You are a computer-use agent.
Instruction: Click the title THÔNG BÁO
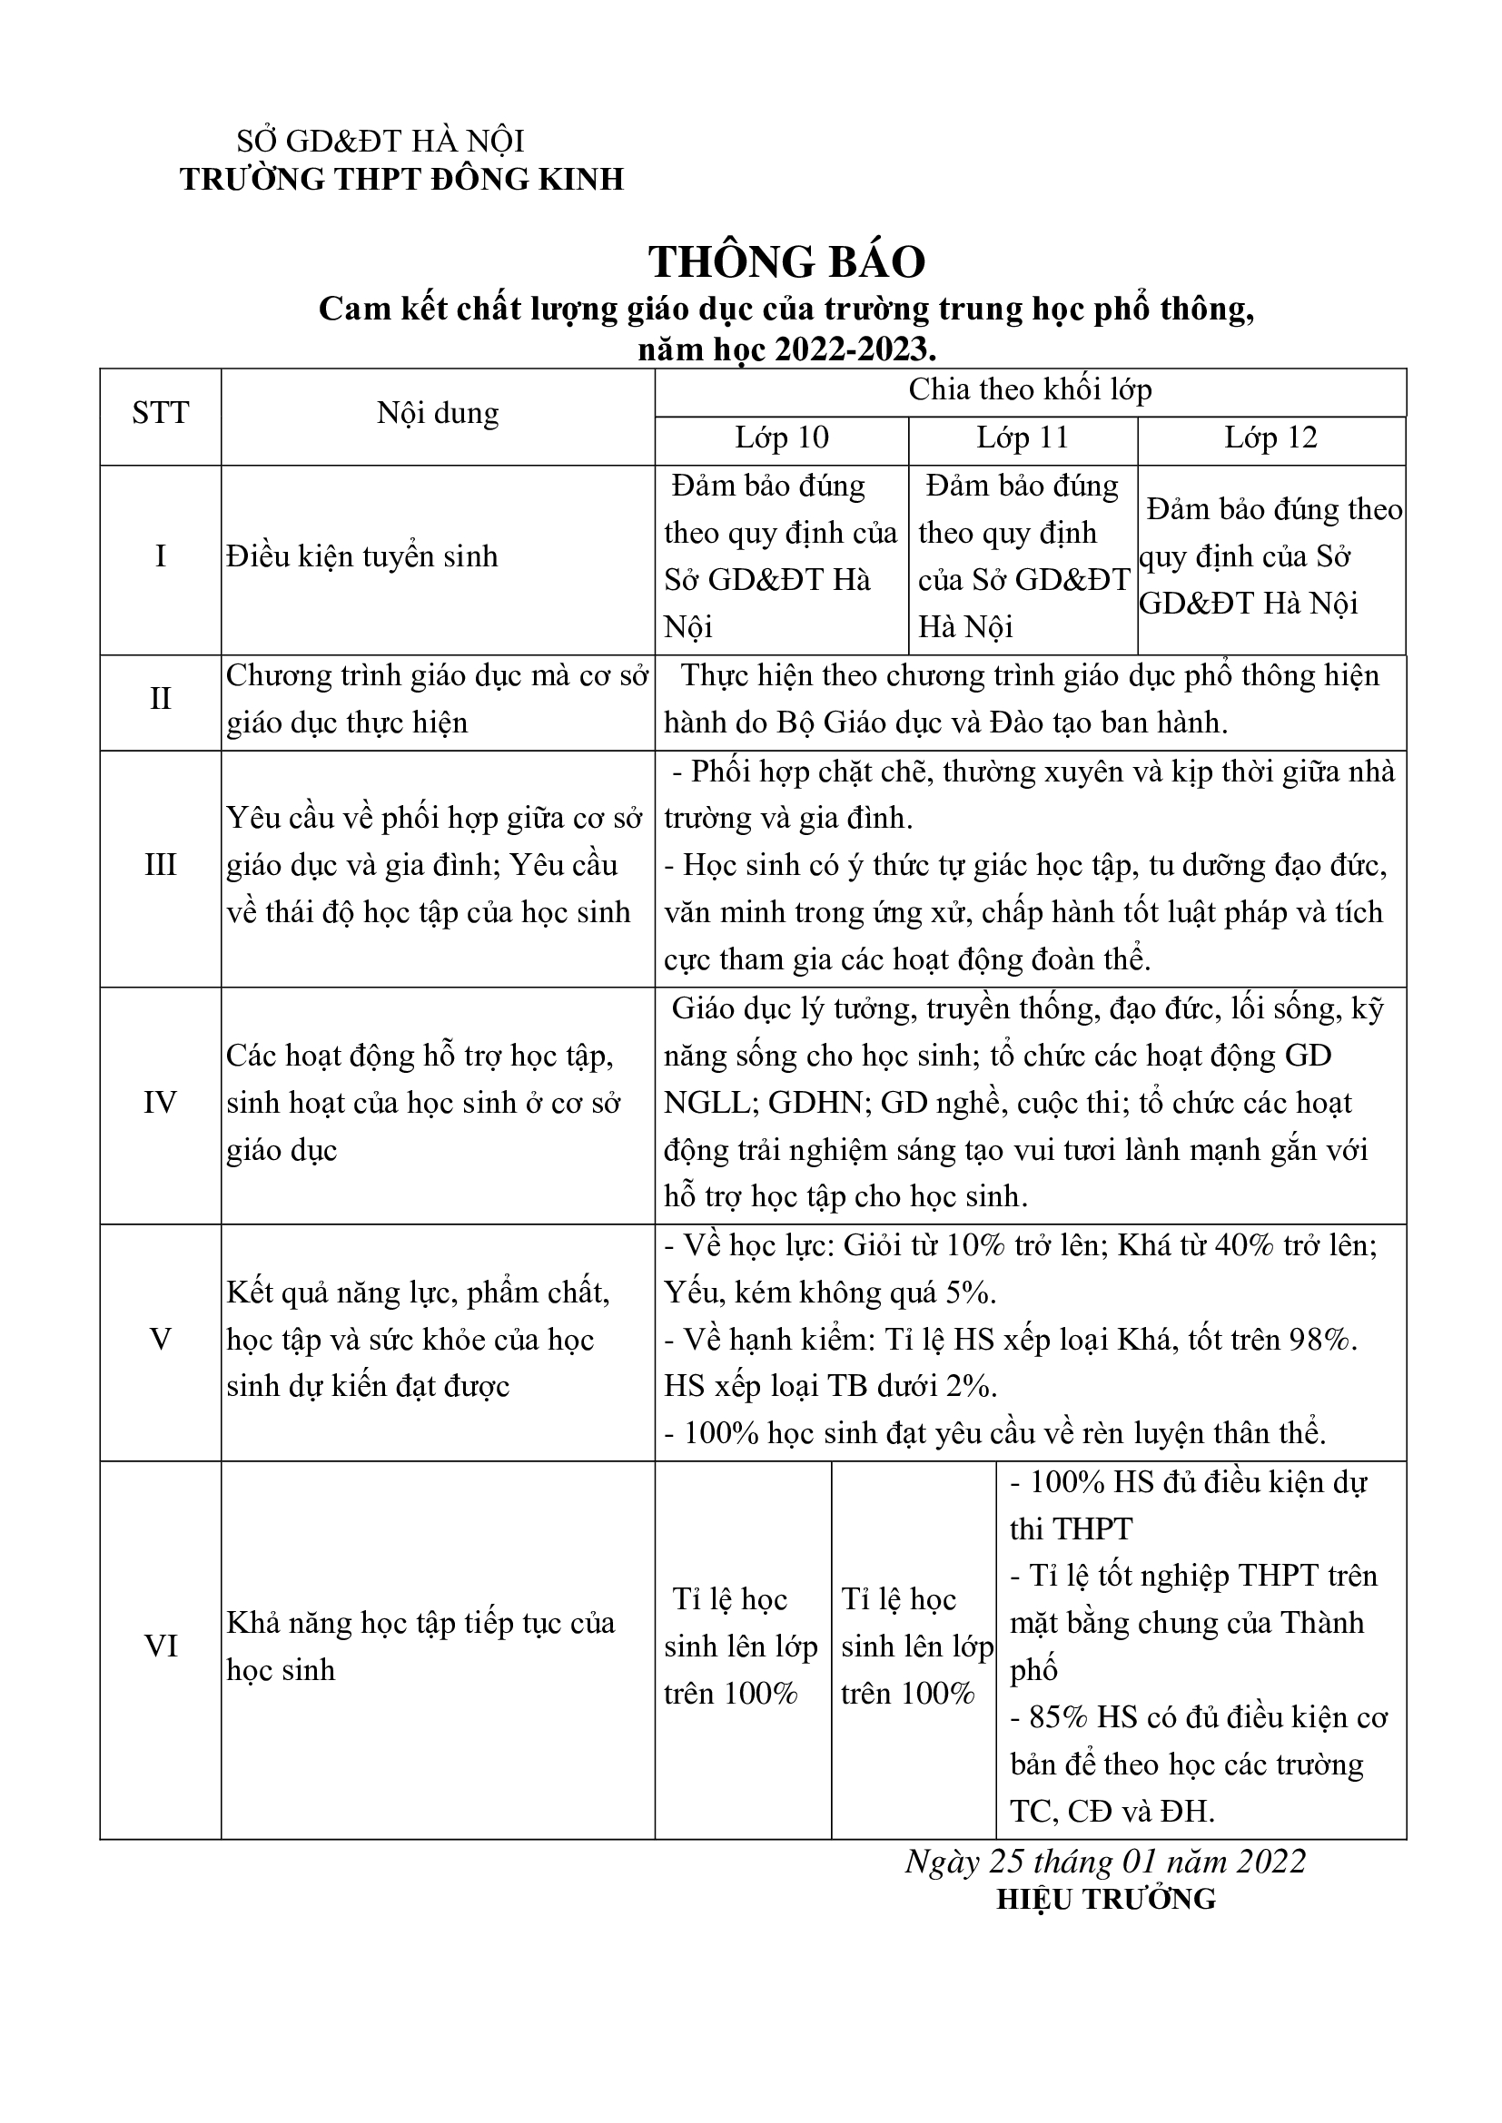[x=786, y=262]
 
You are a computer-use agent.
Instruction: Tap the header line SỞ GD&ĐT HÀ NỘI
[x=380, y=142]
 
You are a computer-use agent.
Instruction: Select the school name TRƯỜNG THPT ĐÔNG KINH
[x=401, y=180]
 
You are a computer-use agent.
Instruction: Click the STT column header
[x=160, y=413]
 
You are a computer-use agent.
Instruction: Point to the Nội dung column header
[x=438, y=413]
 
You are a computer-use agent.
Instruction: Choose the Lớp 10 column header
[x=782, y=437]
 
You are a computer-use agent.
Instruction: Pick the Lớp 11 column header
[x=1022, y=437]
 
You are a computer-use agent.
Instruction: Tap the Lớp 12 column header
[x=1270, y=437]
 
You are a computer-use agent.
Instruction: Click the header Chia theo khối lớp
[x=1030, y=390]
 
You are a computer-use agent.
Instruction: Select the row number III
[x=160, y=866]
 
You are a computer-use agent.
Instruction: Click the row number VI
[x=160, y=1646]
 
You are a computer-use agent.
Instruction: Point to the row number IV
[x=160, y=1103]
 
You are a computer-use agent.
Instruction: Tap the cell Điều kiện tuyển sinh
[x=361, y=556]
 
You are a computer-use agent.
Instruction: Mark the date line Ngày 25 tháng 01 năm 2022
[x=1105, y=1862]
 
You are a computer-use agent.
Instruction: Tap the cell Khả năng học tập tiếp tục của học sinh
[x=420, y=1646]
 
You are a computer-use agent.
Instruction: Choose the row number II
[x=160, y=699]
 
